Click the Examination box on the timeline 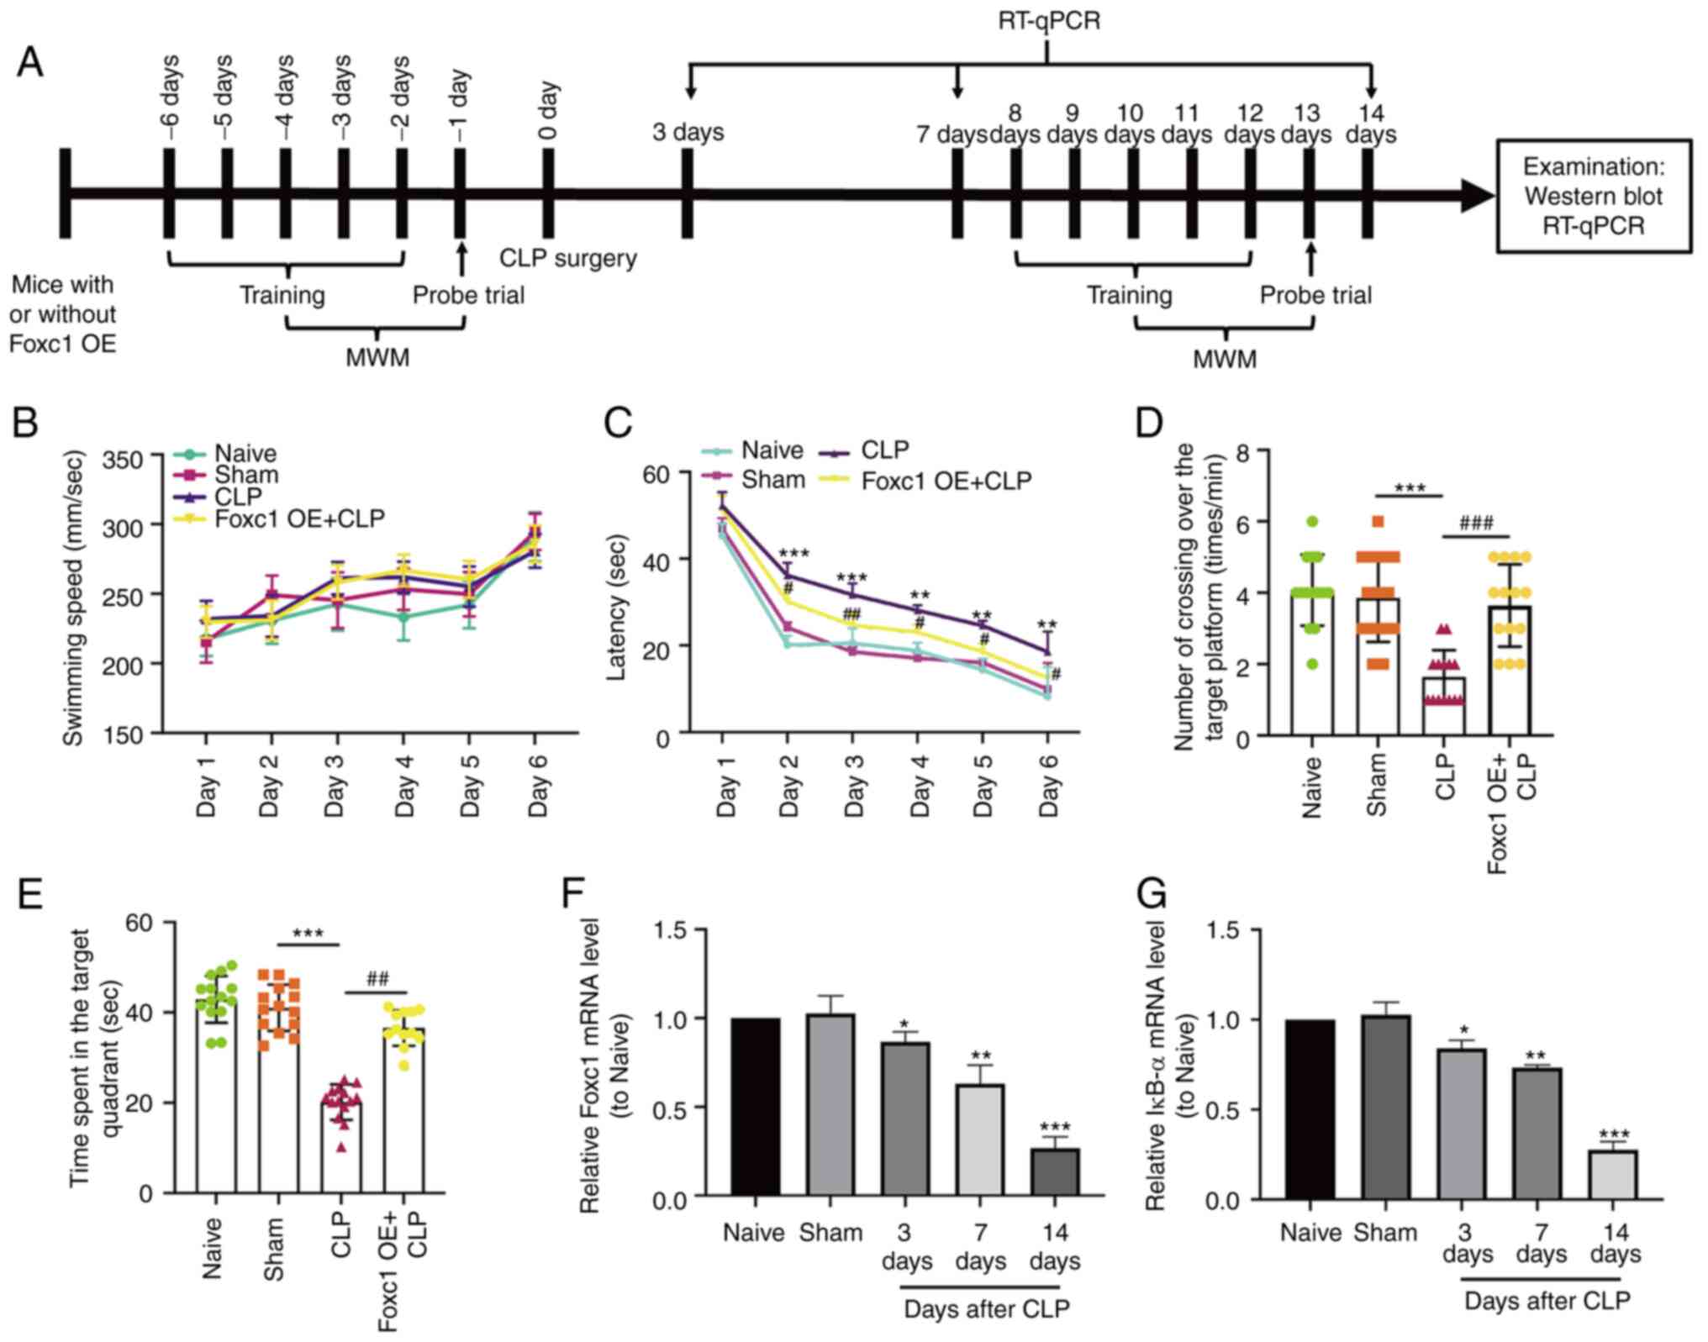click(x=1593, y=196)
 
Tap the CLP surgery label click(x=567, y=258)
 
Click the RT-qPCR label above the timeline click(x=1048, y=20)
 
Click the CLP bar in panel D click(x=1443, y=706)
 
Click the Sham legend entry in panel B click(x=245, y=475)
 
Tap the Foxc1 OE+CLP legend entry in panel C click(x=945, y=481)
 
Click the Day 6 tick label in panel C click(x=1049, y=785)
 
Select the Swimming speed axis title click(x=74, y=598)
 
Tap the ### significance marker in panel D click(x=1476, y=524)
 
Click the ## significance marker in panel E click(x=377, y=978)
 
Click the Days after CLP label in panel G click(x=1547, y=1302)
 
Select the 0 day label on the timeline click(x=547, y=110)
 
